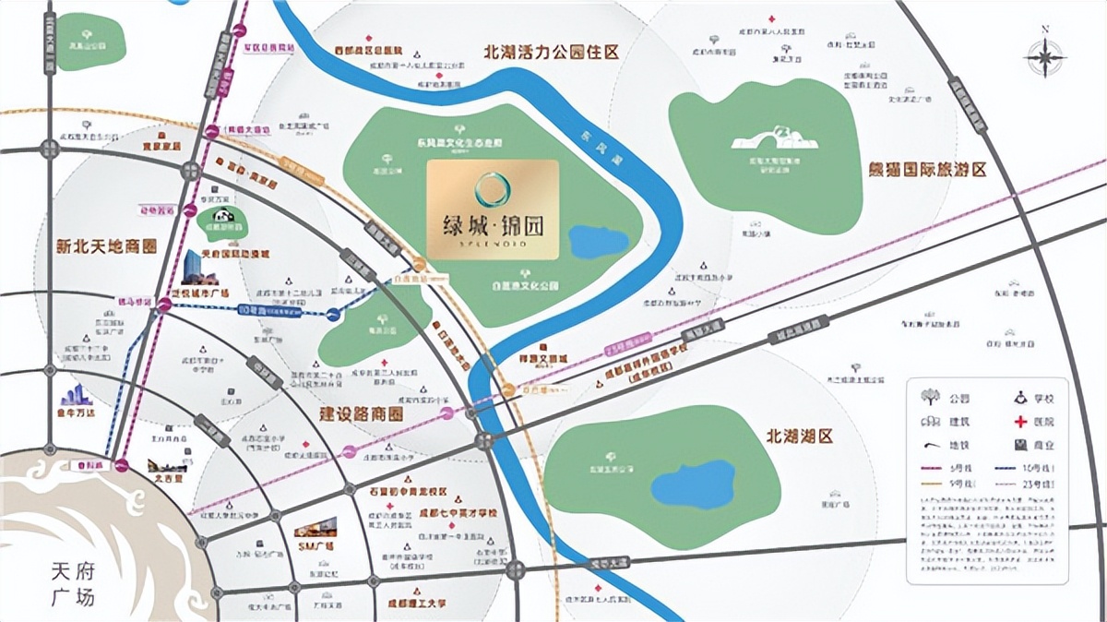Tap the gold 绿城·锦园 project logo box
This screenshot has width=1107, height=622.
tap(493, 209)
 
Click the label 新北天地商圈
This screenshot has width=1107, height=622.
tap(106, 246)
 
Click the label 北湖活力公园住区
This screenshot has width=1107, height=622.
tap(551, 52)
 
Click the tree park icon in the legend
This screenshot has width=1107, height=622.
tap(930, 398)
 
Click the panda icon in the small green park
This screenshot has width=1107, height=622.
tap(216, 220)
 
